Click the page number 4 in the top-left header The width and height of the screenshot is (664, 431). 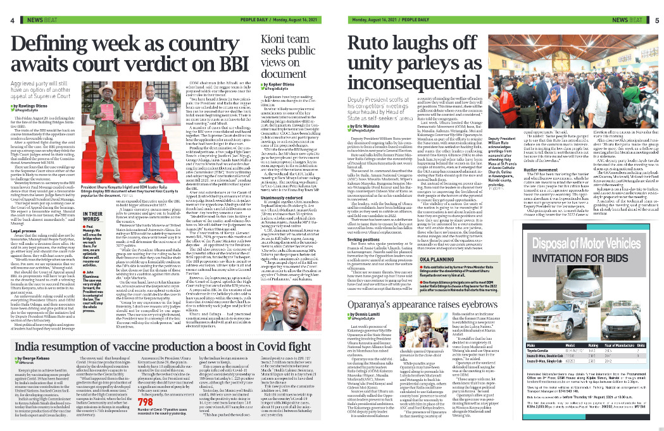coord(11,20)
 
